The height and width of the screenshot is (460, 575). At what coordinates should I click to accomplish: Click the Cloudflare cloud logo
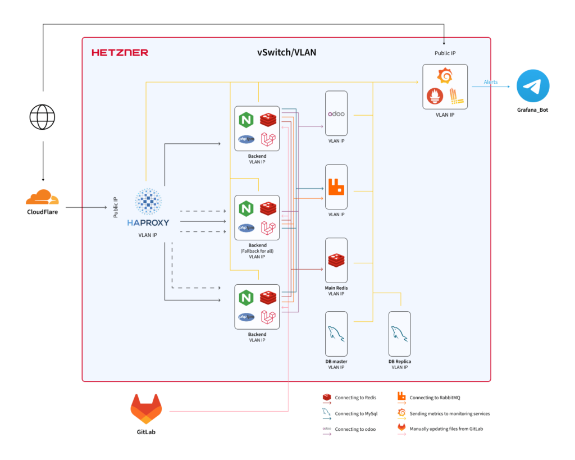pyautogui.click(x=42, y=198)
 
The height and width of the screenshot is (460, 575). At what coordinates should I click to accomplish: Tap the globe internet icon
pyautogui.click(x=43, y=118)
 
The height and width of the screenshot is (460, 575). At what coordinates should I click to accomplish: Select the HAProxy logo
pyautogui.click(x=148, y=208)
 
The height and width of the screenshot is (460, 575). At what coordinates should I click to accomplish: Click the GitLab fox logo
pyautogui.click(x=146, y=408)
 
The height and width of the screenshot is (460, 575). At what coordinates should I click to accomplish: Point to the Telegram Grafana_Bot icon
pyautogui.click(x=533, y=86)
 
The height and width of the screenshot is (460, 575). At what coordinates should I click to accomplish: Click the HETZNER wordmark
pyautogui.click(x=120, y=53)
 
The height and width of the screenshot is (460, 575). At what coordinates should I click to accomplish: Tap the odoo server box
pyautogui.click(x=336, y=113)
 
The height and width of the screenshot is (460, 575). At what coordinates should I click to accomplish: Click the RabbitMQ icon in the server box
pyautogui.click(x=336, y=187)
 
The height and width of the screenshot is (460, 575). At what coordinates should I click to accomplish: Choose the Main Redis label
pyautogui.click(x=336, y=288)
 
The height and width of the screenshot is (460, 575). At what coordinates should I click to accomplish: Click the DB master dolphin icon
pyautogui.click(x=336, y=334)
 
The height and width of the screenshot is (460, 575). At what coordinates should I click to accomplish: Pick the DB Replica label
pyautogui.click(x=399, y=362)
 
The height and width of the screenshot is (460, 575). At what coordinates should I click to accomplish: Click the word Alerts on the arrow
pyautogui.click(x=491, y=82)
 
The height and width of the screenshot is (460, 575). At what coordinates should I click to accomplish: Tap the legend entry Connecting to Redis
pyautogui.click(x=355, y=398)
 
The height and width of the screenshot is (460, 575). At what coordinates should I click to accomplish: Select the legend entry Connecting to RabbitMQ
pyautogui.click(x=435, y=398)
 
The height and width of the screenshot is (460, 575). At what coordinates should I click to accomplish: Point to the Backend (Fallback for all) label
pyautogui.click(x=257, y=251)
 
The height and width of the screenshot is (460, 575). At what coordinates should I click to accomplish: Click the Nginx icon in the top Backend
pyautogui.click(x=245, y=120)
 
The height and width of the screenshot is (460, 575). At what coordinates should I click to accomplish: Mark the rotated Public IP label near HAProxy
pyautogui.click(x=116, y=207)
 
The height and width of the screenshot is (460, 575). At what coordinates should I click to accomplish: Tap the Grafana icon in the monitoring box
pyautogui.click(x=445, y=76)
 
